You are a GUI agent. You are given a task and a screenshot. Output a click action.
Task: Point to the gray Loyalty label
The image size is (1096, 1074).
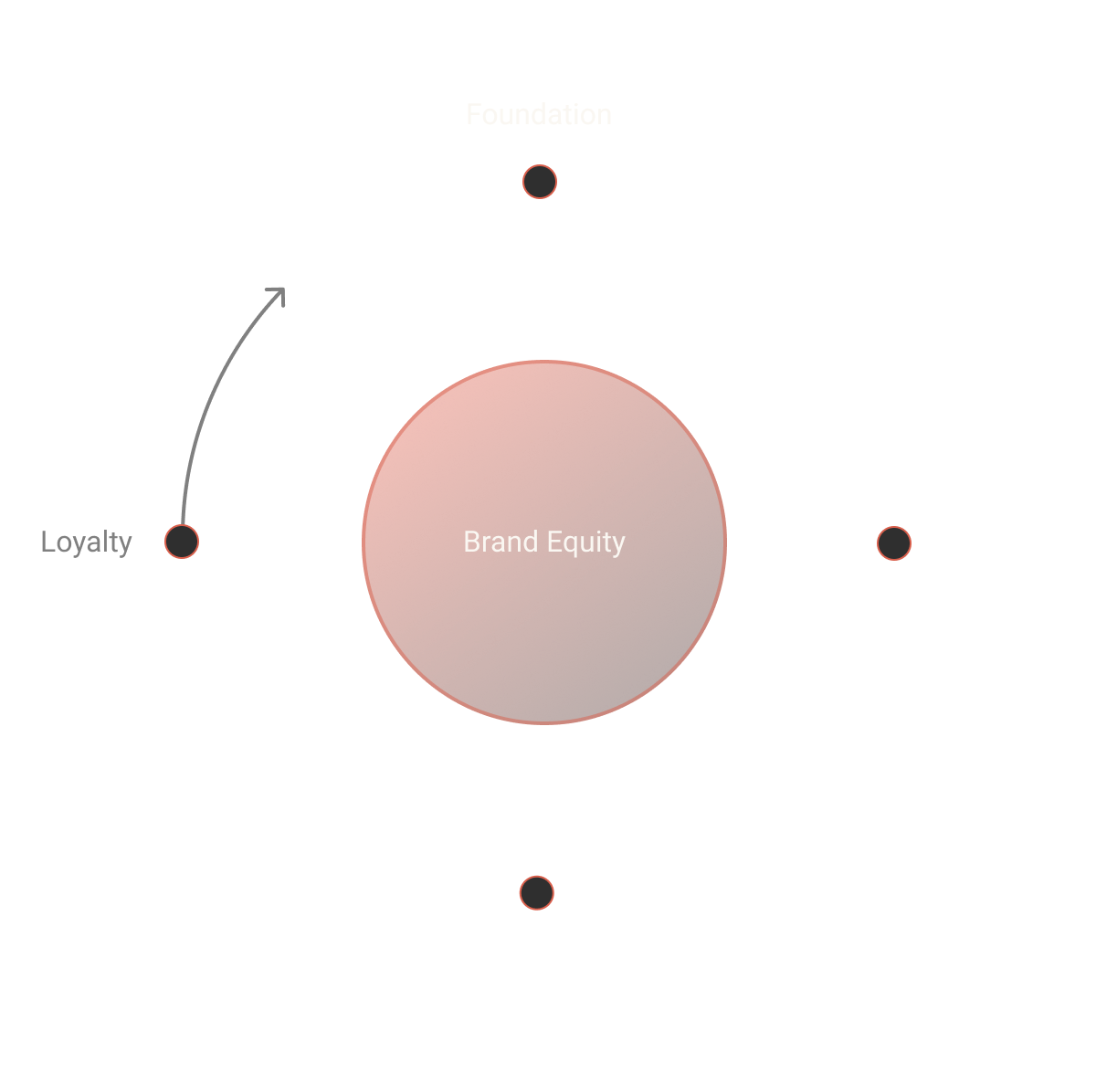click(x=87, y=542)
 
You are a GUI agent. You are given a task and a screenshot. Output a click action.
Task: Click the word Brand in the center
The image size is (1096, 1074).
click(x=501, y=542)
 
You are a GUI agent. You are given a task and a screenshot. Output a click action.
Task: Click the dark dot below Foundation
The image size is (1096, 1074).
click(x=540, y=182)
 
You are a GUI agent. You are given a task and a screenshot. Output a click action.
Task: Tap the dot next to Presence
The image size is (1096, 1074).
click(x=894, y=543)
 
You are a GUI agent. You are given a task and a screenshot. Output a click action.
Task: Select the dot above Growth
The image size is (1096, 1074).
click(x=537, y=892)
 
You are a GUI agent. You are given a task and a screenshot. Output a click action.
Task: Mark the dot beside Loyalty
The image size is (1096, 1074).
click(x=182, y=542)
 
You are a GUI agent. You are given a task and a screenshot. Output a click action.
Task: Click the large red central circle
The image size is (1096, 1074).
click(x=544, y=621)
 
